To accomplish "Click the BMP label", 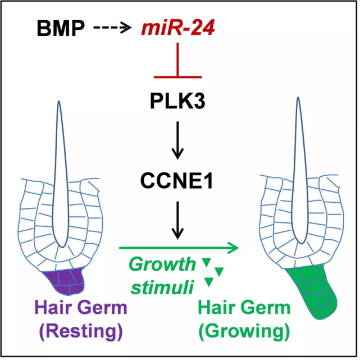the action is [x=61, y=29].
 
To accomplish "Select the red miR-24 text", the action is [x=178, y=28].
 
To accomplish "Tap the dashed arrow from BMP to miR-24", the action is [x=112, y=28].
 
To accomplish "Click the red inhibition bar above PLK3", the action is [x=177, y=60].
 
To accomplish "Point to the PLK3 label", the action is [x=177, y=101].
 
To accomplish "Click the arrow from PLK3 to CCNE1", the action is [x=177, y=140].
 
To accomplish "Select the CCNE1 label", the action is [x=176, y=181].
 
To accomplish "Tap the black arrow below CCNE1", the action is [x=177, y=220].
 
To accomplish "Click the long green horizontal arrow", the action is [x=179, y=248].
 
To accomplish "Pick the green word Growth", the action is [x=163, y=264].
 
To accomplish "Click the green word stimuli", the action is [x=162, y=286].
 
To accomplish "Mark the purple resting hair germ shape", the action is [x=63, y=281].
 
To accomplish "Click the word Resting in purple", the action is [x=81, y=331].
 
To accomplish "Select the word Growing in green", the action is [x=244, y=331].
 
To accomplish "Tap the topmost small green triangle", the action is [x=206, y=262].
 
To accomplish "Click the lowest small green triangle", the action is [x=209, y=282].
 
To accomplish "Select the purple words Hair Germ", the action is [x=81, y=307].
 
